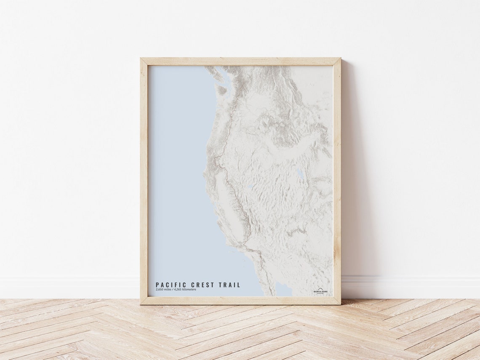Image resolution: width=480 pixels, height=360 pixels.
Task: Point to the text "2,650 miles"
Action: pos(164,290)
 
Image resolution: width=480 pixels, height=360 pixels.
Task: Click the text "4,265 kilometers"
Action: pos(186,290)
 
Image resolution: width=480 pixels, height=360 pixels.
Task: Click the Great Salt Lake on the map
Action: pos(300,173)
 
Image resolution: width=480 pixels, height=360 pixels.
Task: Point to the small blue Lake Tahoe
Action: pos(249,187)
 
